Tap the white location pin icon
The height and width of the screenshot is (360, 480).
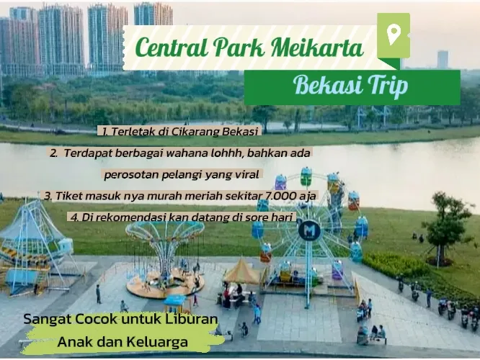[393, 35]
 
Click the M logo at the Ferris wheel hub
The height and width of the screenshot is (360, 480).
[309, 230]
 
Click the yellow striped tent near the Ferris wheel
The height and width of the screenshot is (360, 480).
[242, 271]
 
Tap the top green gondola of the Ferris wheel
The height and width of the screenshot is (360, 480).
[306, 176]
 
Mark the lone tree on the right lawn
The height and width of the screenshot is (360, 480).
[442, 226]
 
